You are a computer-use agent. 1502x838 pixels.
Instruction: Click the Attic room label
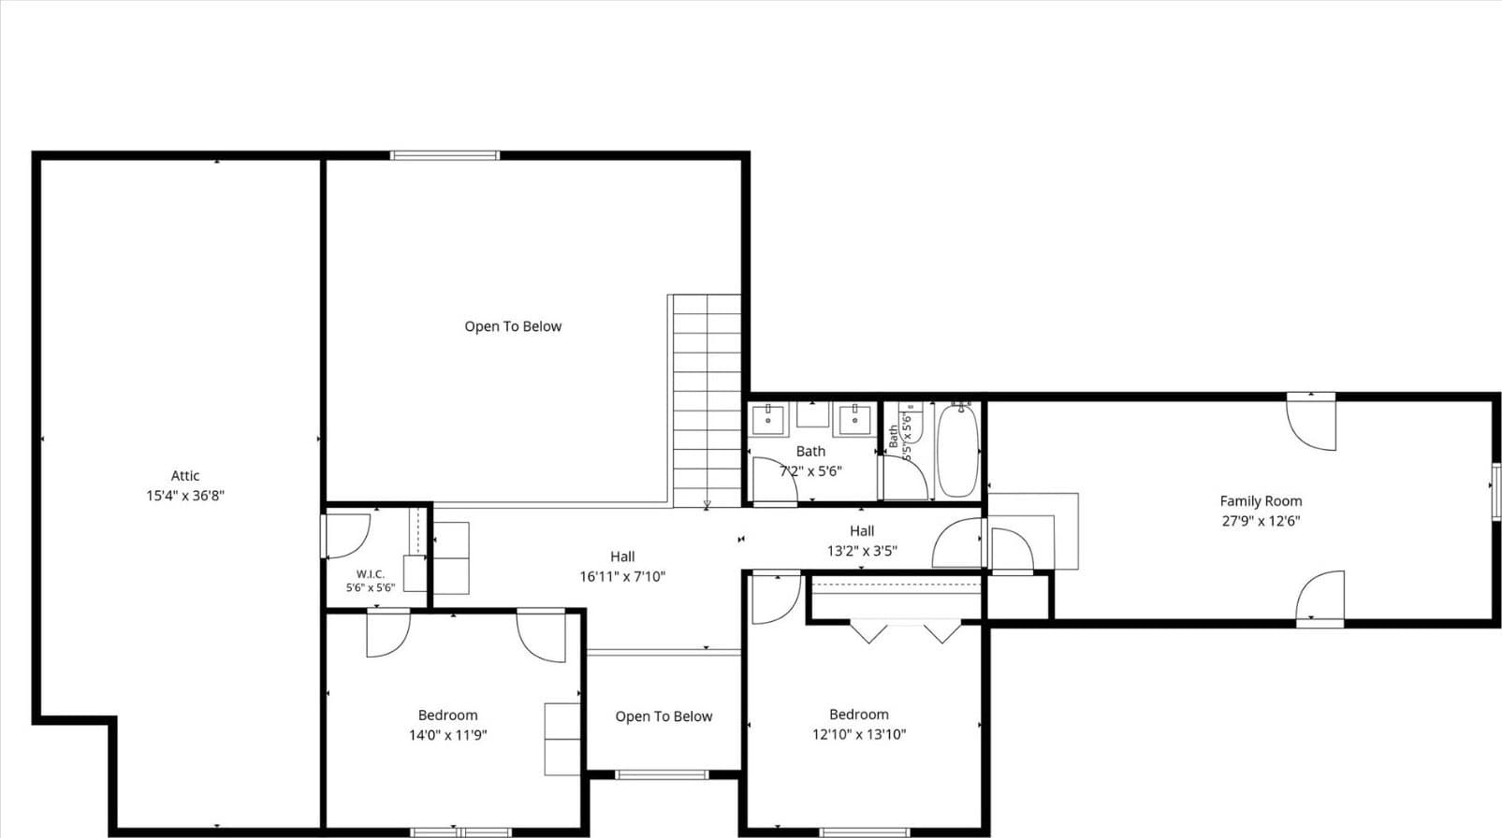point(185,476)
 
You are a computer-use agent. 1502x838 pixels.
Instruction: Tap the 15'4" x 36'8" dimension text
point(185,496)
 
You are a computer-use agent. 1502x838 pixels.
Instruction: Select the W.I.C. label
point(371,574)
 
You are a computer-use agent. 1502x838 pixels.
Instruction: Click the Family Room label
point(1261,501)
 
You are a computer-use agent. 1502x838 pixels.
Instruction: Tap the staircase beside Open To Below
point(707,400)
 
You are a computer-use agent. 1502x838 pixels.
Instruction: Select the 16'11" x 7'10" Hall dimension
point(622,576)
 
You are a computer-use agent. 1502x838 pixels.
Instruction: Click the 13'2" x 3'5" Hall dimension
point(862,551)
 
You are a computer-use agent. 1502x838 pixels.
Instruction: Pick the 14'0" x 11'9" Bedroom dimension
point(448,735)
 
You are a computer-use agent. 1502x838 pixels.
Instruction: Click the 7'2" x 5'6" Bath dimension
point(810,471)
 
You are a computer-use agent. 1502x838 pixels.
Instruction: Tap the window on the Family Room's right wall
point(1496,491)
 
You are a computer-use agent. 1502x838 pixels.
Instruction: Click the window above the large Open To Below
point(445,155)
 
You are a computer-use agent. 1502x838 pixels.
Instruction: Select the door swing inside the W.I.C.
point(347,536)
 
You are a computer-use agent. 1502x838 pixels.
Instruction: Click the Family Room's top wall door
point(1311,423)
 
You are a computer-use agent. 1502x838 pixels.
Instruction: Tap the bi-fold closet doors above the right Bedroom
point(905,631)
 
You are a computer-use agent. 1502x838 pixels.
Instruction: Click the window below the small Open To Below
point(662,775)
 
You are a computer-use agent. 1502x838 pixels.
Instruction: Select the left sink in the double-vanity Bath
point(767,420)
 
